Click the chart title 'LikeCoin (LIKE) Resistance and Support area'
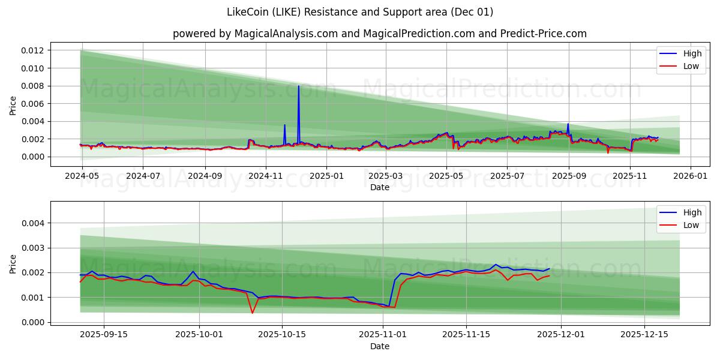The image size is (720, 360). (x=360, y=12)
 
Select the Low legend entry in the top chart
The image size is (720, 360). (x=691, y=66)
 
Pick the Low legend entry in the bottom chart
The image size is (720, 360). (x=691, y=225)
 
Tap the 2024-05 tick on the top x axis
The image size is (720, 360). (x=81, y=176)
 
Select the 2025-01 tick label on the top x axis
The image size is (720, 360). (x=326, y=176)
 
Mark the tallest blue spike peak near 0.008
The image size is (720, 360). (x=298, y=86)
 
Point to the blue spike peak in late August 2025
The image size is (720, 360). (x=568, y=124)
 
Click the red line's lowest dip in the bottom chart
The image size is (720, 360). (x=252, y=313)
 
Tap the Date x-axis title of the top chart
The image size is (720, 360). (x=379, y=187)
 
